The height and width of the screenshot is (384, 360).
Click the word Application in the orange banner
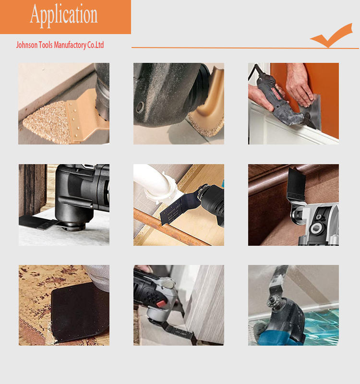click(64, 15)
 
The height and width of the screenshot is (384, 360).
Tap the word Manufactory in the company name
click(70, 45)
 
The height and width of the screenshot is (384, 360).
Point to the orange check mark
click(331, 36)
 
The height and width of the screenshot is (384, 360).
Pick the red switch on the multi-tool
click(160, 304)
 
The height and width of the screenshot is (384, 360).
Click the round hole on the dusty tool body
click(140, 107)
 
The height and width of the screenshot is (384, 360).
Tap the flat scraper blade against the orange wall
click(313, 111)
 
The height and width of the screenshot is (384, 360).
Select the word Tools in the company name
click(46, 45)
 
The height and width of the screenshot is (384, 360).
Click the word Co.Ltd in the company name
click(96, 45)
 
